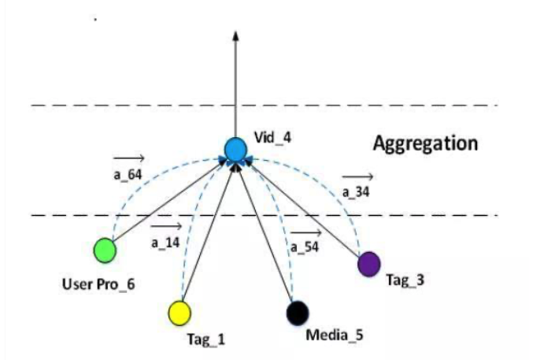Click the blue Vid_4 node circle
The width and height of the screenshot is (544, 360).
(235, 149)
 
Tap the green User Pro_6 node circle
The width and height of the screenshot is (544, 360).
(104, 251)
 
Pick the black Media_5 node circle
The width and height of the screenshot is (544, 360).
(297, 313)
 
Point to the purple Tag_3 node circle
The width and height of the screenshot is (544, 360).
(368, 263)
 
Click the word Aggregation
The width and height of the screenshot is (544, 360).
(425, 143)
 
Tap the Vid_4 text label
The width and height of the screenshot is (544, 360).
(272, 139)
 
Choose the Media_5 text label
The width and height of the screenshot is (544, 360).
(334, 334)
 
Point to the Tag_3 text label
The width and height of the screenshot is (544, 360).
(406, 279)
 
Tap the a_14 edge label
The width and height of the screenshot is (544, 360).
(165, 243)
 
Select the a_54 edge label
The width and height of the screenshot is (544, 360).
(305, 247)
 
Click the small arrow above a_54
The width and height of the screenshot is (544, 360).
(305, 233)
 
